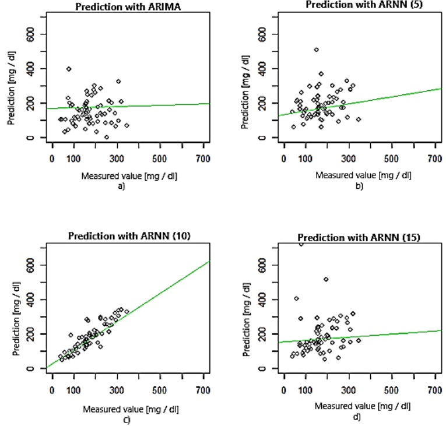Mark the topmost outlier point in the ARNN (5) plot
coord(316,50)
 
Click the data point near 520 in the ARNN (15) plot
coord(326,280)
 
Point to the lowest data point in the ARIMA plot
coord(106,137)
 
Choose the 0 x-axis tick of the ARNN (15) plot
coord(283,386)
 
